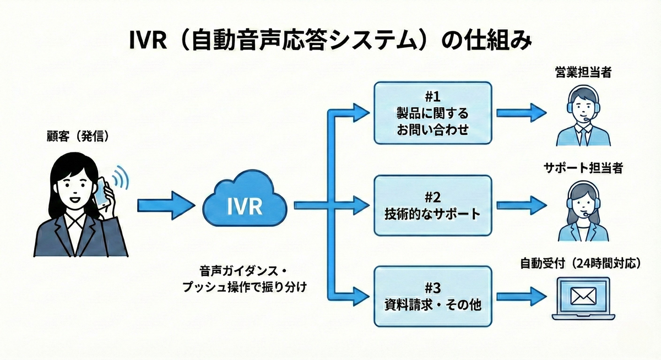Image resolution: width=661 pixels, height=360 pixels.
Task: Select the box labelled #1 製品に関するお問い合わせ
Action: pos(432,113)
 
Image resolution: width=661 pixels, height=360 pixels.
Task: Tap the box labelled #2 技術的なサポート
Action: pos(432,205)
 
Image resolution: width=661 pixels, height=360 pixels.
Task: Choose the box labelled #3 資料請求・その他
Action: pos(432,296)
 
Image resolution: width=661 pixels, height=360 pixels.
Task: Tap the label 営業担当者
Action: pos(583,74)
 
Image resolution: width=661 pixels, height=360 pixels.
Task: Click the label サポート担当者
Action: pos(583,168)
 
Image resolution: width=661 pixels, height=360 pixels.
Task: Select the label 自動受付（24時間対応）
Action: pos(583,263)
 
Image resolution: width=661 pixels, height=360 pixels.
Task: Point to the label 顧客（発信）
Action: pos(77,136)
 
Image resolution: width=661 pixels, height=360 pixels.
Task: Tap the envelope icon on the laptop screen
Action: pos(583,296)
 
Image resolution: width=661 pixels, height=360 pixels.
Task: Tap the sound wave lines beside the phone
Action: pos(120,179)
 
